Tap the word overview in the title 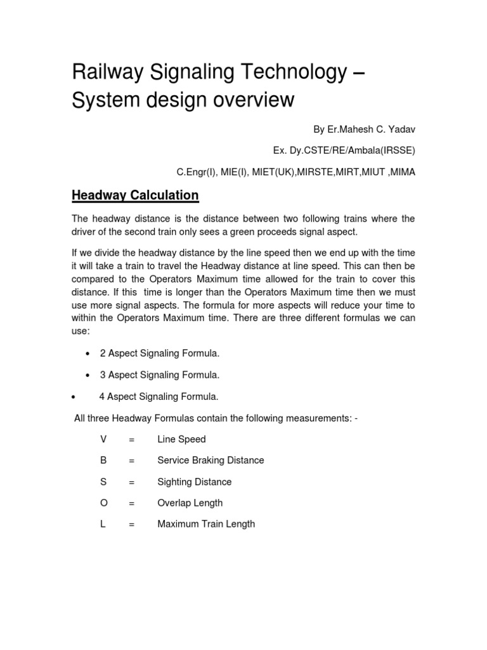(250, 100)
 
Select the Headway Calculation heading (135, 195)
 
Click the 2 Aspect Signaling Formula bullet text (160, 353)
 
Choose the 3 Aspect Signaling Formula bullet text (160, 375)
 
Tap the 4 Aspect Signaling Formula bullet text (159, 396)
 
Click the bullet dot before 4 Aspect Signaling (74, 397)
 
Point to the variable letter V (103, 439)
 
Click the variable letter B (103, 460)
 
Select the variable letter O (103, 503)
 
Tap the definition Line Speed (181, 439)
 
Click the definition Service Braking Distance (211, 460)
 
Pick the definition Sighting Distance (194, 482)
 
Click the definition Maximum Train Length (206, 524)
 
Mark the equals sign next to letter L (132, 524)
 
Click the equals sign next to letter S (132, 482)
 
